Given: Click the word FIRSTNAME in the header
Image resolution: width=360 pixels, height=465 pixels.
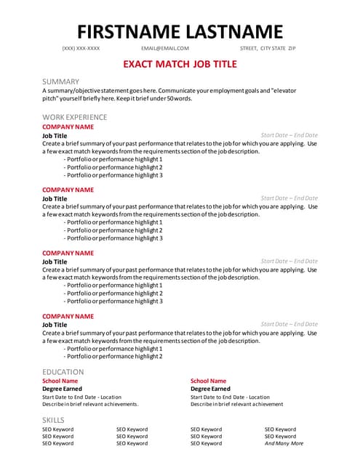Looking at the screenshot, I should click(127, 31).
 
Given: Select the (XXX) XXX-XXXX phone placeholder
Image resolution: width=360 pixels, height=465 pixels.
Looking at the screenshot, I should click(81, 49).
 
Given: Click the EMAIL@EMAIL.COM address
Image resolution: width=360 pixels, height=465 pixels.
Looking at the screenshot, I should click(165, 49).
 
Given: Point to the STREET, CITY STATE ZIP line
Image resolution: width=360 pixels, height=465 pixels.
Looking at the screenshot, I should click(268, 49).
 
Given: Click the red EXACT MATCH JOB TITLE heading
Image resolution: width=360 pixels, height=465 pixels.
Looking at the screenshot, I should click(180, 64).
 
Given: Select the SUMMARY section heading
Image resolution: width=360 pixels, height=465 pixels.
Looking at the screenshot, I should click(60, 81).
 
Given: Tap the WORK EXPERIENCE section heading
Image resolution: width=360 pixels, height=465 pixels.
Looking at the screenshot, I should click(74, 117).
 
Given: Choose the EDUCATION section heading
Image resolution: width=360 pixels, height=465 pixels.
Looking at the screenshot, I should click(63, 372).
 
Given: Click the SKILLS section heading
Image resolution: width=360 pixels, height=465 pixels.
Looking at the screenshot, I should click(53, 420).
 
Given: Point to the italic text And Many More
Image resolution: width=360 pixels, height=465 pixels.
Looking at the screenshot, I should click(284, 443).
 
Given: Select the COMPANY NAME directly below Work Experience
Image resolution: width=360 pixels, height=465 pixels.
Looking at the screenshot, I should click(68, 126).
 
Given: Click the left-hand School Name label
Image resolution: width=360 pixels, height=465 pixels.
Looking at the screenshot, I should click(60, 381).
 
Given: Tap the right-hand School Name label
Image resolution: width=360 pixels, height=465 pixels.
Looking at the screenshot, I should click(208, 381).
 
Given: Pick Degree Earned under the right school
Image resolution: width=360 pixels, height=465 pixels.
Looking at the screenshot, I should click(211, 389).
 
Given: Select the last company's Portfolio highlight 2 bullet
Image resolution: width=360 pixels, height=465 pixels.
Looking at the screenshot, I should click(114, 357).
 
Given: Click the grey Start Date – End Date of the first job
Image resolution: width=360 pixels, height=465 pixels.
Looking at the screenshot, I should click(289, 135).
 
